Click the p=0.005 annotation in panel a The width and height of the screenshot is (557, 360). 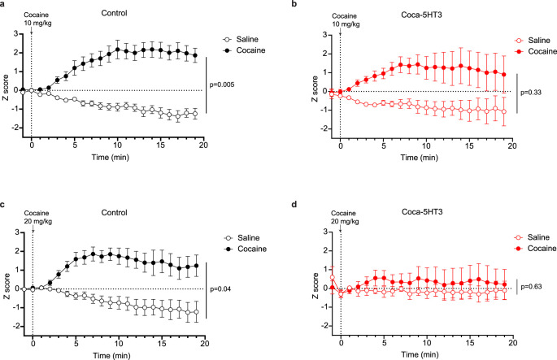222,85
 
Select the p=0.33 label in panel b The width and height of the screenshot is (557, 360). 531,93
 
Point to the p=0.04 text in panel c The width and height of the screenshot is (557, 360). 220,289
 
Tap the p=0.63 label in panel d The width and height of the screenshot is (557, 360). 531,287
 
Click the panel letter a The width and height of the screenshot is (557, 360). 2,5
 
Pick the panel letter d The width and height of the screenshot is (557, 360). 294,205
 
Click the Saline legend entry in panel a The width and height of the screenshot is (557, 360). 241,39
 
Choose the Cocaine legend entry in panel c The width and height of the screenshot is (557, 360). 246,249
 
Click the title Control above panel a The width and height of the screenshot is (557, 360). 114,13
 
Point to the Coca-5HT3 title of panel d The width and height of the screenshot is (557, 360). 422,212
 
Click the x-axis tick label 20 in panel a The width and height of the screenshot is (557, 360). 203,145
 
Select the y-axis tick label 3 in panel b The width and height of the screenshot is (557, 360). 324,35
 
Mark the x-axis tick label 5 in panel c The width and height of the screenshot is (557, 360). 76,343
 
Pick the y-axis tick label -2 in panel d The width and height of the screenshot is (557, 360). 323,326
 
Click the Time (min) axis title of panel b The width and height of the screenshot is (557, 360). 419,158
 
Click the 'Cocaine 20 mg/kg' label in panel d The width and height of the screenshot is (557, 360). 345,217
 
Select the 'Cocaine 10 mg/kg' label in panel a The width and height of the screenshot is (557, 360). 37,19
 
